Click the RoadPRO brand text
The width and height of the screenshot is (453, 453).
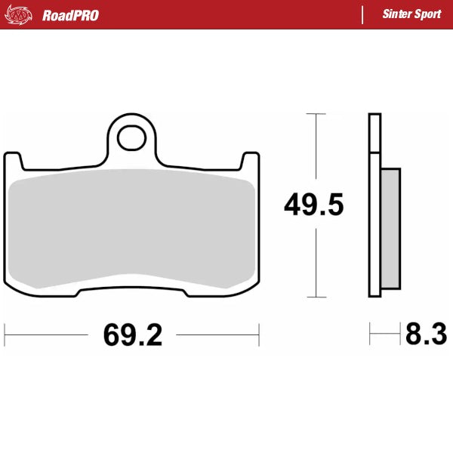coord(70,15)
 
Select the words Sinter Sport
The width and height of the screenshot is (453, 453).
coord(411,14)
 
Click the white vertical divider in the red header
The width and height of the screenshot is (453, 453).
coord(363,14)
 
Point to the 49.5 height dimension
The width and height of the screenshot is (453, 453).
coord(314,205)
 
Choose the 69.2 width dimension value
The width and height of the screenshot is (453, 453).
coord(133,334)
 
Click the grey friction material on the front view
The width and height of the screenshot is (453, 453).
coord(133,226)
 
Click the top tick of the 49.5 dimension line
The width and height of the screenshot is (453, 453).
coord(316,114)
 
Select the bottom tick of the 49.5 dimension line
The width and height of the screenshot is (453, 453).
coord(316,296)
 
